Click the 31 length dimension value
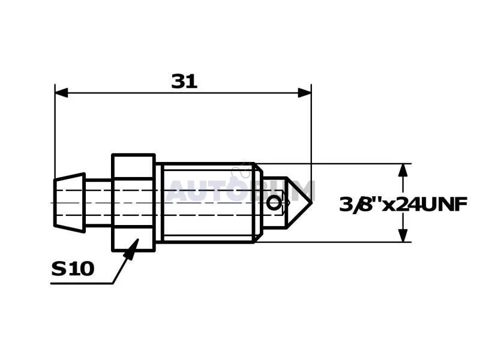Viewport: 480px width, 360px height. (x=184, y=82)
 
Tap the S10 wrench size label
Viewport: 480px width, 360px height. (x=73, y=268)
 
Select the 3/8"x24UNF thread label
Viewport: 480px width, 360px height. (x=403, y=205)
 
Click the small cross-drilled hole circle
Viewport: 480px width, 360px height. (x=273, y=203)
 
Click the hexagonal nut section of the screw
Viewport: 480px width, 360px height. (x=133, y=203)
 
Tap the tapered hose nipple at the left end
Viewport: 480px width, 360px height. (x=70, y=203)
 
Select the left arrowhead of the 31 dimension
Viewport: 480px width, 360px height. (x=61, y=93)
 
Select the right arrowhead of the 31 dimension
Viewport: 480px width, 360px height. (x=305, y=93)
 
